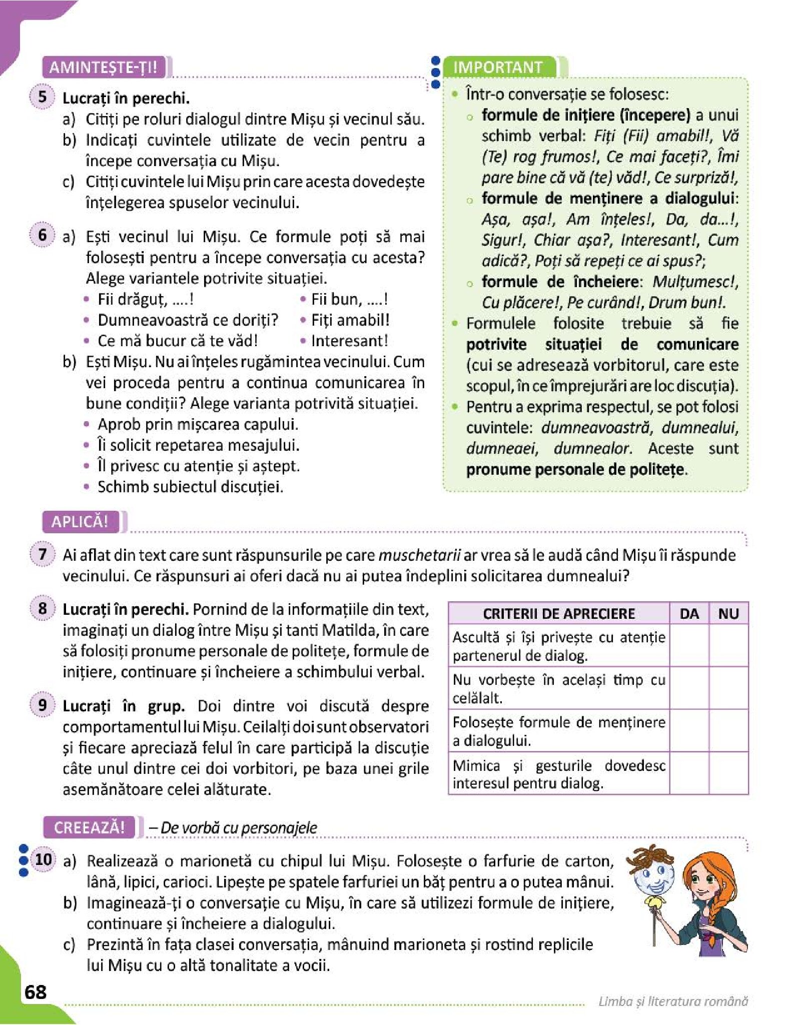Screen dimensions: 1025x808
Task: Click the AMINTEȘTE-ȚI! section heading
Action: (x=103, y=67)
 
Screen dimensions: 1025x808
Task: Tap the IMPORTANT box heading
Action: (x=498, y=67)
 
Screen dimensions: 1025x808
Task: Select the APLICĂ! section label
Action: (x=80, y=522)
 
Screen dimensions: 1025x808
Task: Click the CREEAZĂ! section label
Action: (x=89, y=827)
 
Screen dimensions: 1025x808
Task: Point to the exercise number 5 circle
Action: (x=43, y=97)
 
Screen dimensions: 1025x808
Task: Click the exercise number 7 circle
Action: (x=43, y=554)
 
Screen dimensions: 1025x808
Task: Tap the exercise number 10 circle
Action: (x=44, y=860)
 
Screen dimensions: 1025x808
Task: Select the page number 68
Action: (x=35, y=992)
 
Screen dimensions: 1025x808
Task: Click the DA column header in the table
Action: (x=689, y=614)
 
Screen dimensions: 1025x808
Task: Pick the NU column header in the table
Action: (x=728, y=614)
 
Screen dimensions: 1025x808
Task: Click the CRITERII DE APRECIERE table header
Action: (x=559, y=614)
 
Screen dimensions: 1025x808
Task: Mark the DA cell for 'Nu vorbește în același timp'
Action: (x=689, y=688)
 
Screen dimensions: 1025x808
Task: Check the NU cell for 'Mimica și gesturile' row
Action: (x=728, y=773)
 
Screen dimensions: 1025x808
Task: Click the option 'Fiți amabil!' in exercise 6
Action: (x=350, y=320)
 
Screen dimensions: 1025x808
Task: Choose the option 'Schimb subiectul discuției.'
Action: (x=190, y=487)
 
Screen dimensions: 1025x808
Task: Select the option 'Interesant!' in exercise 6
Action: (x=349, y=341)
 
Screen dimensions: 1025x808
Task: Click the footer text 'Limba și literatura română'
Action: (x=673, y=1001)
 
